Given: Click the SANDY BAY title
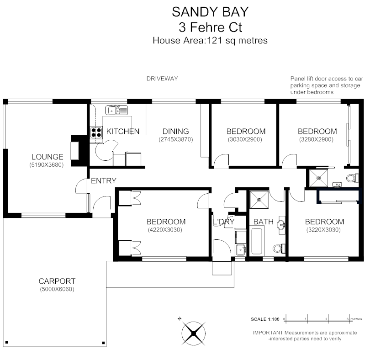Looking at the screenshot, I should click(x=210, y=11).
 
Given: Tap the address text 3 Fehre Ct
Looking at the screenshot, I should click(x=210, y=26).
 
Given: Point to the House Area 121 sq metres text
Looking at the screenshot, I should click(x=210, y=40).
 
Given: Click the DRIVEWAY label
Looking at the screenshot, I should click(x=162, y=79).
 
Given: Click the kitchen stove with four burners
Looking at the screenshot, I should click(x=97, y=132).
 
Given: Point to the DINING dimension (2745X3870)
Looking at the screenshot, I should click(x=176, y=139).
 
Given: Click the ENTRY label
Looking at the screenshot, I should click(x=104, y=180).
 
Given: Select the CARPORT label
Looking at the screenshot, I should click(x=57, y=281).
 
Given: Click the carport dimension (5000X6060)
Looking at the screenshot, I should click(x=57, y=289).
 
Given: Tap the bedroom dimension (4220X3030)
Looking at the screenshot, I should click(x=166, y=230).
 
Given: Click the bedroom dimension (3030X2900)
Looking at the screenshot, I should click(x=246, y=139).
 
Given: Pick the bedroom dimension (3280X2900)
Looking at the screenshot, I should click(x=317, y=139).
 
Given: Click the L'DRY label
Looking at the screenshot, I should click(x=224, y=222).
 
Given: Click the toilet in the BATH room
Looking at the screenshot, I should click(x=277, y=249).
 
